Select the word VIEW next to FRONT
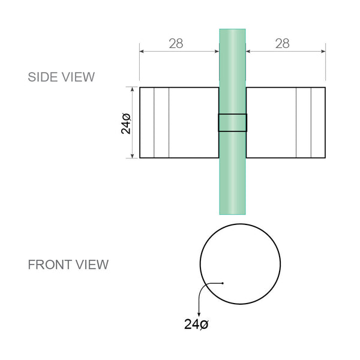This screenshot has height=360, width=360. [92, 265]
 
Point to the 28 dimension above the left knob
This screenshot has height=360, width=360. [175, 43]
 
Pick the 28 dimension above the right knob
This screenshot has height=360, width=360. [281, 43]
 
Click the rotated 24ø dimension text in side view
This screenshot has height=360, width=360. [127, 122]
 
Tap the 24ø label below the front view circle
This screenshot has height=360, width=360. [196, 325]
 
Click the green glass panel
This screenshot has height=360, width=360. [232, 174]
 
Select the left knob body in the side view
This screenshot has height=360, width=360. [192, 122]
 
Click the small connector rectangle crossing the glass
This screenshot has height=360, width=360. [232, 122]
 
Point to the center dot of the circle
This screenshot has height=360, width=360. [222, 283]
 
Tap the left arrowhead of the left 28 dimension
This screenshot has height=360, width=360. [142, 52]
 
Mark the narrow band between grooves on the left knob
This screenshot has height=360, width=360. [161, 122]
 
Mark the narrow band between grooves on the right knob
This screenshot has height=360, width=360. [304, 122]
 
